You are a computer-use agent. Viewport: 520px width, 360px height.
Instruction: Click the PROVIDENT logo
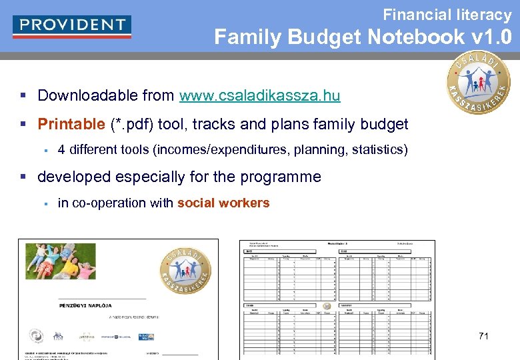coord(72,26)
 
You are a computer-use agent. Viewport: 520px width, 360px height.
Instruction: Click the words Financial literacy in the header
coord(447,14)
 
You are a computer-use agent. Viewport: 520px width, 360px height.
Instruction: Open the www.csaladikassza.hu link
coord(259,95)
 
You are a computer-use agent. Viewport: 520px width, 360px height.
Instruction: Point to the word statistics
coord(377,149)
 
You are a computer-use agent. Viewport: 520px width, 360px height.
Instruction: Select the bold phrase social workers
coord(223,203)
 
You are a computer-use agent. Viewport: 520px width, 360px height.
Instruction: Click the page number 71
coord(483,336)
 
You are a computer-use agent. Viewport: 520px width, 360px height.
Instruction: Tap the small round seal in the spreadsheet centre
coord(327,307)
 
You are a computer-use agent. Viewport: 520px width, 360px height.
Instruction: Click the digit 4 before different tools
coord(61,149)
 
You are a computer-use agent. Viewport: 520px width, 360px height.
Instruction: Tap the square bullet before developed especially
coord(24,177)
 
